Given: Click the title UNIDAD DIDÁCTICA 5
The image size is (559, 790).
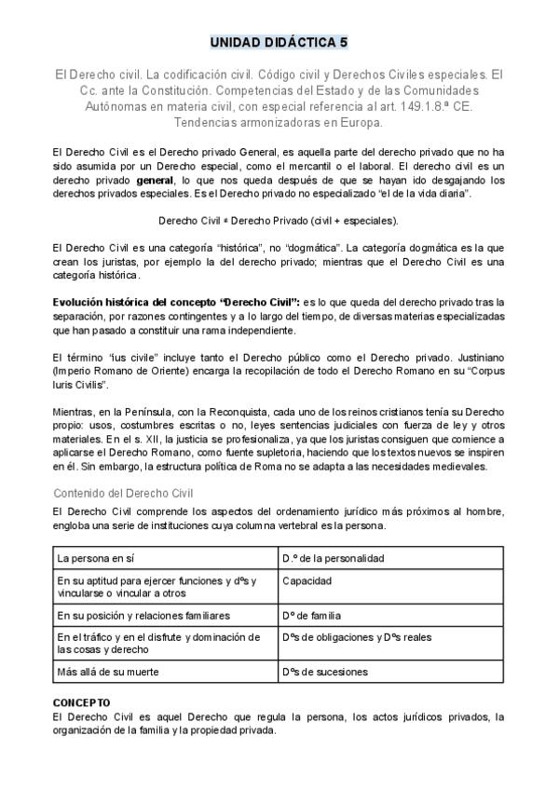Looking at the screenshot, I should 279,43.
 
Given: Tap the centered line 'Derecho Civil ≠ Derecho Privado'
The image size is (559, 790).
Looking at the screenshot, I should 279,221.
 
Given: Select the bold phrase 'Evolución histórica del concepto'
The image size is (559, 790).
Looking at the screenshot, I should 168,302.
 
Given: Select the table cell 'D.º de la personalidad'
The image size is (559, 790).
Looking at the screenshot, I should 333,558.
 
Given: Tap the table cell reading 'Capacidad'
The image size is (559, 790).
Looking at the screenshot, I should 307,580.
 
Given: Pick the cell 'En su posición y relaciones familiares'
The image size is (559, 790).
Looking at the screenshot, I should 143,616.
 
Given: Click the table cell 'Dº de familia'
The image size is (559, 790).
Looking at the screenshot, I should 311,616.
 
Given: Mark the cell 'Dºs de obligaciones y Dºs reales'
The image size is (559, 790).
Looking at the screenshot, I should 356,637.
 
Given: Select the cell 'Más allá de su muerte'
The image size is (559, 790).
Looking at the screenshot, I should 110,672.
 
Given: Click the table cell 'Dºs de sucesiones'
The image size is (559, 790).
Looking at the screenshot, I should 324,672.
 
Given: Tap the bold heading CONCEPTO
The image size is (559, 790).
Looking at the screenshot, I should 82,702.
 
